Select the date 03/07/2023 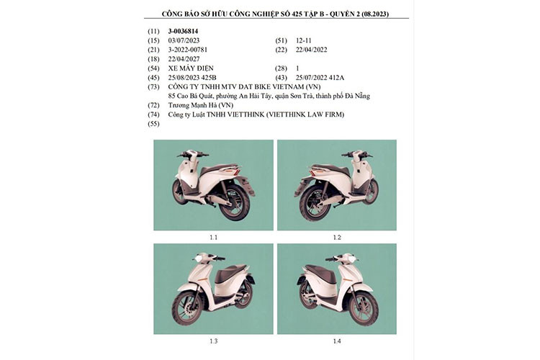click(184, 41)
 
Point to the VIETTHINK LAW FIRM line click(256, 114)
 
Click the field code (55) click(153, 124)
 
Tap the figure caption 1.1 click(213, 237)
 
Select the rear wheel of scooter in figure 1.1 click(235, 203)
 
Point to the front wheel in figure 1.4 click(363, 308)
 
